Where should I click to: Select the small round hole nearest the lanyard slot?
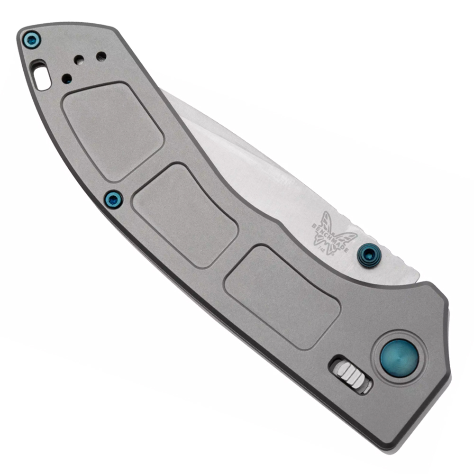click(67, 79)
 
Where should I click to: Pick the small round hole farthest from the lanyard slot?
click(101, 56)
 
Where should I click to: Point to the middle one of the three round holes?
click(80, 60)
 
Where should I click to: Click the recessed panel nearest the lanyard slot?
click(113, 130)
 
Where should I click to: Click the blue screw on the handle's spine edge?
click(113, 199)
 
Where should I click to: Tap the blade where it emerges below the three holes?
click(190, 114)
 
